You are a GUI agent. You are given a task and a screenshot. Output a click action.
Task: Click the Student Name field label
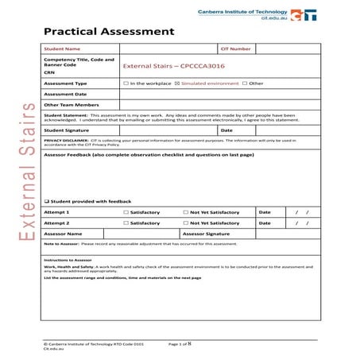click(x=62, y=49)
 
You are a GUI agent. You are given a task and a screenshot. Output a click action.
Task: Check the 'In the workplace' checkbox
click(x=126, y=83)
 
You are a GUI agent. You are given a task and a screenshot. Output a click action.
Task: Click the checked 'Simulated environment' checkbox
click(x=177, y=83)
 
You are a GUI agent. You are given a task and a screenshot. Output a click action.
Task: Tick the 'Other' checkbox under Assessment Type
click(x=246, y=83)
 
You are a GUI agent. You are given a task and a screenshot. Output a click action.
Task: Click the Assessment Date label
click(x=65, y=93)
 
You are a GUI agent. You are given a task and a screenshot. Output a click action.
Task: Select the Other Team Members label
click(x=70, y=103)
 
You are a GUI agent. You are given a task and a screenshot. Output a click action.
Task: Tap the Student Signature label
click(x=67, y=130)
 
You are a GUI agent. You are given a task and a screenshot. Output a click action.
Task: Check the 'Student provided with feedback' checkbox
click(x=47, y=201)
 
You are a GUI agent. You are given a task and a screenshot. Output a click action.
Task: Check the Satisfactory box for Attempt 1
click(x=126, y=212)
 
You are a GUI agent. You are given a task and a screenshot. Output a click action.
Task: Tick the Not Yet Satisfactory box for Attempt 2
click(x=184, y=223)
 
